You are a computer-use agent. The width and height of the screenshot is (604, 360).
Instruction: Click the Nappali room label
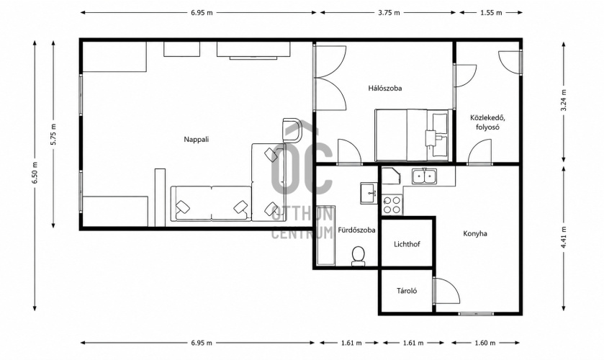196,140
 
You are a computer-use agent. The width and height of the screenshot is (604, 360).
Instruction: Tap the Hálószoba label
385,89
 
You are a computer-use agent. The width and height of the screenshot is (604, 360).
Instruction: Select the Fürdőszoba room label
356,230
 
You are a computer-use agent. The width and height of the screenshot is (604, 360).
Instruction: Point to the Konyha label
475,233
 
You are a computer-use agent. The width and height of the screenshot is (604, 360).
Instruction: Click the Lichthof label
407,244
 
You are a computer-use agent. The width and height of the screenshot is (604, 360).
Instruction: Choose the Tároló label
407,291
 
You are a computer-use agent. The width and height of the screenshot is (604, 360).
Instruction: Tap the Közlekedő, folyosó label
487,122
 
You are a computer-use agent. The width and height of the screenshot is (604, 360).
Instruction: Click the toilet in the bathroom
359,256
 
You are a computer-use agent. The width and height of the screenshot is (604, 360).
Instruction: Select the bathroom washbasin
369,193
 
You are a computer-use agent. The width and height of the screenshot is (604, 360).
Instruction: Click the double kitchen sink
424,176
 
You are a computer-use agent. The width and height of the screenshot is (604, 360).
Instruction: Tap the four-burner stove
392,205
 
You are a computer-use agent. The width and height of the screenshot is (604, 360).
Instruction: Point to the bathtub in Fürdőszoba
326,235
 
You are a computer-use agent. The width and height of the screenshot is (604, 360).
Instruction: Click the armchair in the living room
292,130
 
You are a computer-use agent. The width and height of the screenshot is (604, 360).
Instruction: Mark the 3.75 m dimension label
389,13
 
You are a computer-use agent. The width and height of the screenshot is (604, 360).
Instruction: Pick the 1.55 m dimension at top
491,13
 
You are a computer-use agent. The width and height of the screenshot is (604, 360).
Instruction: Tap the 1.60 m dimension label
484,343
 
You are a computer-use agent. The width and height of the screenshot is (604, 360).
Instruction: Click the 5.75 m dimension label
53,134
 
